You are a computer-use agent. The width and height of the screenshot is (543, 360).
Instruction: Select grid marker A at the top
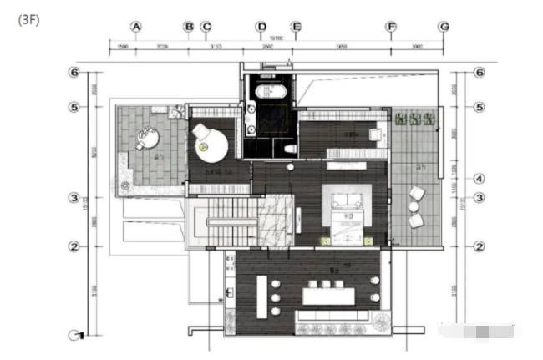pyautogui.click(x=136, y=27)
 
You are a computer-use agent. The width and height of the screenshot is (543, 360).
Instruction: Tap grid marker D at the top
pyautogui.click(x=261, y=27)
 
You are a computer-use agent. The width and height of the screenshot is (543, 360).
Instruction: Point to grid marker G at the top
pyautogui.click(x=444, y=27)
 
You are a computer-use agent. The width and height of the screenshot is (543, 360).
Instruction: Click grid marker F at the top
pyautogui.click(x=391, y=27)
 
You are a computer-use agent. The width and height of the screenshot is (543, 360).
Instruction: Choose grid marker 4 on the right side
pyautogui.click(x=480, y=179)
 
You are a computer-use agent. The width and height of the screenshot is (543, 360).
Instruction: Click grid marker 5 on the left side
pyautogui.click(x=74, y=108)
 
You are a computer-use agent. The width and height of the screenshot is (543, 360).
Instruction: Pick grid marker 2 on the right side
pyautogui.click(x=480, y=246)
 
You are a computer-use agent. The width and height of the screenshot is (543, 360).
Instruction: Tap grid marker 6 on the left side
pyautogui.click(x=74, y=73)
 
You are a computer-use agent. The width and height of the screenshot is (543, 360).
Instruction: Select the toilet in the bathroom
pyautogui.click(x=289, y=148)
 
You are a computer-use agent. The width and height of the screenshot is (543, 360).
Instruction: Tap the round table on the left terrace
pyautogui.click(x=149, y=137)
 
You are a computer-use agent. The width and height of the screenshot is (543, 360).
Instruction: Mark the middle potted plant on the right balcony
pyautogui.click(x=413, y=119)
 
